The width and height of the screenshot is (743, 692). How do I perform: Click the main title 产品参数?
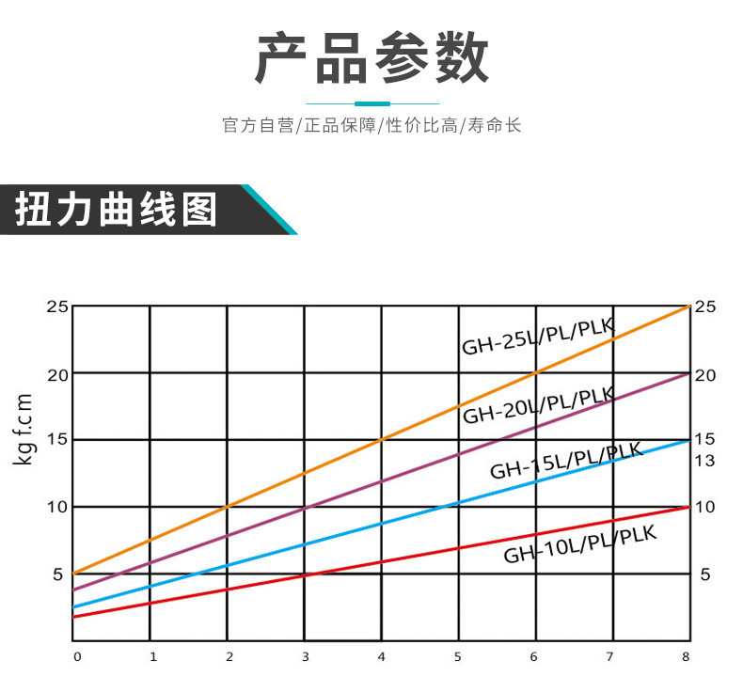[x=371, y=58]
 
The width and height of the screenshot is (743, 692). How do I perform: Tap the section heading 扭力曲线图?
[x=116, y=209]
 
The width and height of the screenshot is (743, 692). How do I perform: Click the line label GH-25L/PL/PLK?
[x=537, y=336]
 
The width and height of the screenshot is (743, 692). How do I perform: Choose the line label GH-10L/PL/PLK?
[x=579, y=543]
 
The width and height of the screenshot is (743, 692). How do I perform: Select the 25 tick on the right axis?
[x=704, y=307]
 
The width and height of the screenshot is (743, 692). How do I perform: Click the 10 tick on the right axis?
[x=704, y=507]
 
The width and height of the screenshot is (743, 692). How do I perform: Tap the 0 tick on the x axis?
[x=77, y=656]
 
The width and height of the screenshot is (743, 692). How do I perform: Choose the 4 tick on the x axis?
[x=381, y=656]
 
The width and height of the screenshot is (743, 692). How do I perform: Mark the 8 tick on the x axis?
[x=686, y=656]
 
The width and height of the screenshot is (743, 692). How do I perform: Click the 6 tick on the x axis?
[x=533, y=656]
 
